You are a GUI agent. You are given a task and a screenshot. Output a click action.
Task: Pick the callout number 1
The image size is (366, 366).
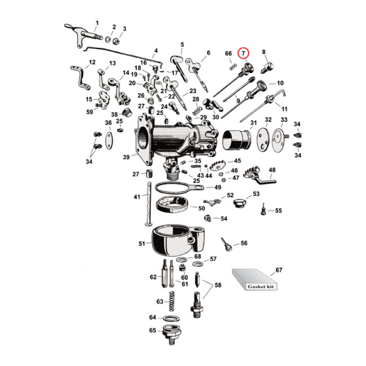pos(97,22)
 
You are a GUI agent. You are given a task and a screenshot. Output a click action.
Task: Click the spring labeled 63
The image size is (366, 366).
pos(172,302)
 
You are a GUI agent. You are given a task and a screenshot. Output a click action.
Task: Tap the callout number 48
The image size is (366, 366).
pos(272,170)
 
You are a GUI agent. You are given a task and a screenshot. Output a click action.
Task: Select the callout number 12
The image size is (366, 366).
pos(92,62)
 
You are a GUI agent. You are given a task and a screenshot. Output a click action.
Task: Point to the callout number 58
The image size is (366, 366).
pos(218,285)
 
